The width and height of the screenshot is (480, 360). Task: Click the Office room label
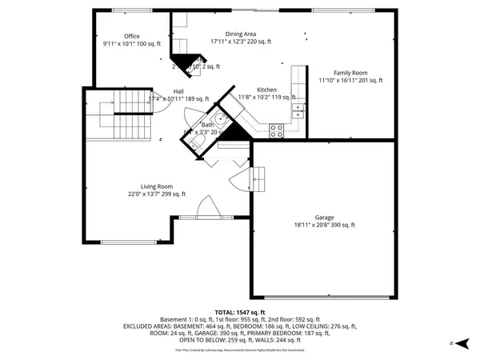tap(132, 36)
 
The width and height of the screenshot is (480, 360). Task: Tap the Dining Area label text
tap(241, 34)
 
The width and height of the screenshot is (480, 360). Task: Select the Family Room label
tap(351, 73)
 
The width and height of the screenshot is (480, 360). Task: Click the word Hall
tap(179, 91)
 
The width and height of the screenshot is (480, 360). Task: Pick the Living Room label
tap(156, 186)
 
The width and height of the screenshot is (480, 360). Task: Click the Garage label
tap(324, 218)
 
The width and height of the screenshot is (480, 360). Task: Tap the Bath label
tap(207, 125)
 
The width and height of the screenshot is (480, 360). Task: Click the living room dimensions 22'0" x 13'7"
tap(157, 194)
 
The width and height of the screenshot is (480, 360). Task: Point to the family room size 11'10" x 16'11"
tap(351, 80)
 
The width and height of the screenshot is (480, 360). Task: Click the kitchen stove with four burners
tap(277, 129)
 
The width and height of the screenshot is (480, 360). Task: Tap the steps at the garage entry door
tap(258, 178)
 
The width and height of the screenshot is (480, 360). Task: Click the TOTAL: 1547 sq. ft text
tap(240, 312)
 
